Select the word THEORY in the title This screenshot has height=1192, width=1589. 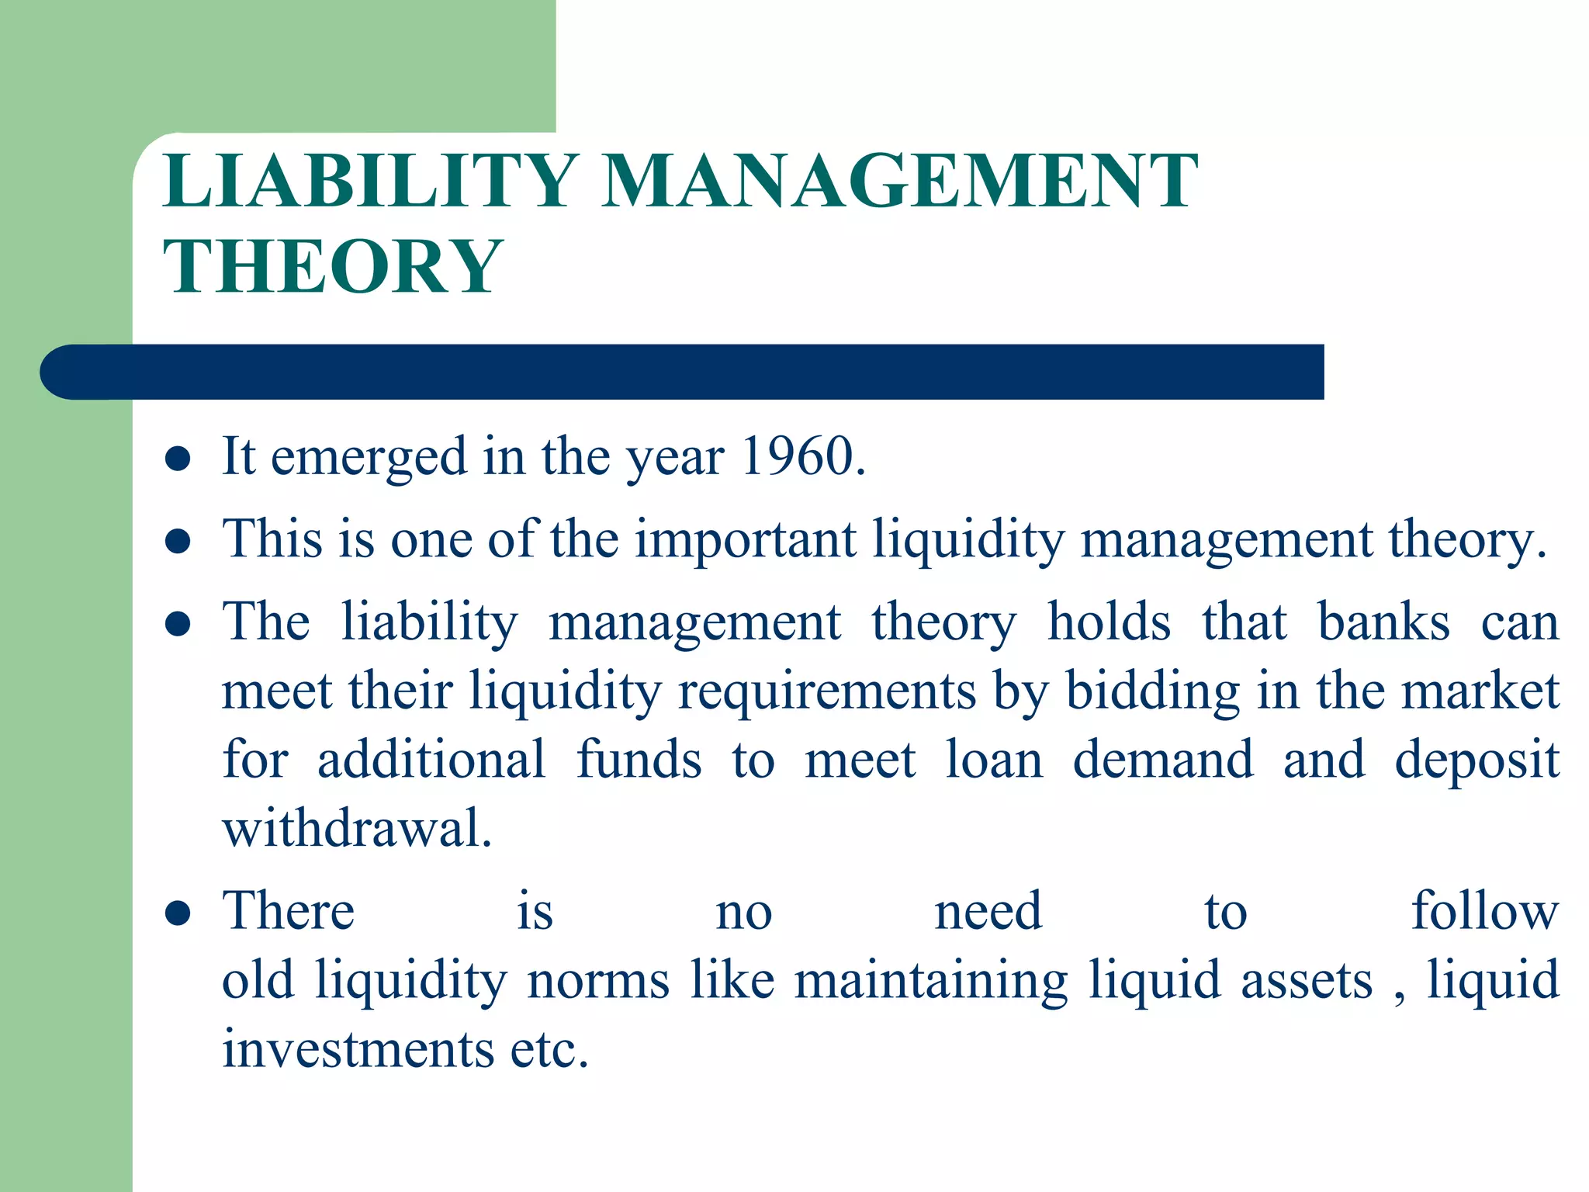click(334, 266)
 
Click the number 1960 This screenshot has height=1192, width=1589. click(802, 456)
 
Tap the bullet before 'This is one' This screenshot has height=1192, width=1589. click(178, 541)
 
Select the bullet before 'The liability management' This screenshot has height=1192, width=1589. click(178, 624)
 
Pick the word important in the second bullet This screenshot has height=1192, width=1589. click(746, 539)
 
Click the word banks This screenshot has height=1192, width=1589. click(1383, 622)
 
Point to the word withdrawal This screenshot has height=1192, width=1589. click(357, 828)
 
